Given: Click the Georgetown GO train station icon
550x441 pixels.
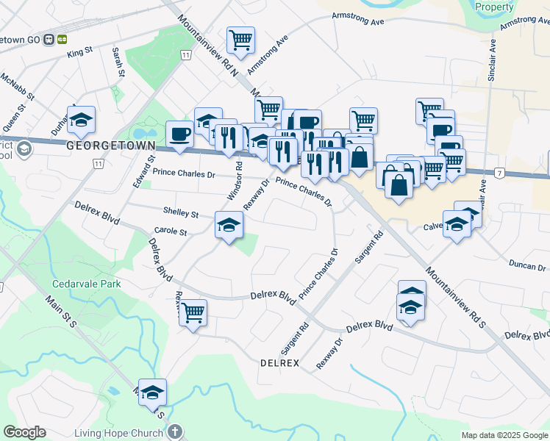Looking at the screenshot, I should (49, 38).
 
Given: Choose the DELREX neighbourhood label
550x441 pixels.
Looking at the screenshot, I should (279, 363).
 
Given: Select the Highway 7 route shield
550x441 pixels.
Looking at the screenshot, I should (499, 172).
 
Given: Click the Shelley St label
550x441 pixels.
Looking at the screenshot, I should (181, 214).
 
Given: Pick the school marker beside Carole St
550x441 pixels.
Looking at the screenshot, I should (229, 225).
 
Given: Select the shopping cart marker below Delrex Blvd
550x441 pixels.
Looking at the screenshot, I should (193, 312).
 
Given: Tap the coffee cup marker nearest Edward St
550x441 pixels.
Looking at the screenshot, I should (180, 134).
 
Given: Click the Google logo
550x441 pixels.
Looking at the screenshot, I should (24, 432).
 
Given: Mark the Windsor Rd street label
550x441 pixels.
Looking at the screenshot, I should (235, 183).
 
